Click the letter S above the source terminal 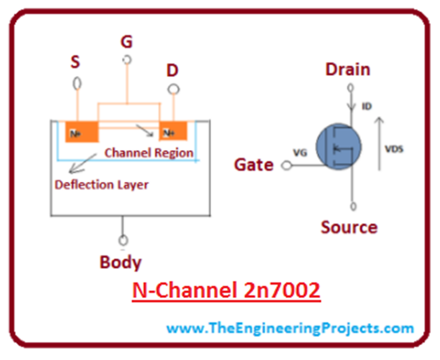75,61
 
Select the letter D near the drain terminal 172,71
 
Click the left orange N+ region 81,132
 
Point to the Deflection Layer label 101,185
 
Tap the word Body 120,263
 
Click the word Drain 348,70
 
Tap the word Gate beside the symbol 254,165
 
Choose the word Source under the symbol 349,228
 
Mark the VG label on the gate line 301,154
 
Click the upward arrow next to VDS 378,143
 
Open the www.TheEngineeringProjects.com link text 290,328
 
